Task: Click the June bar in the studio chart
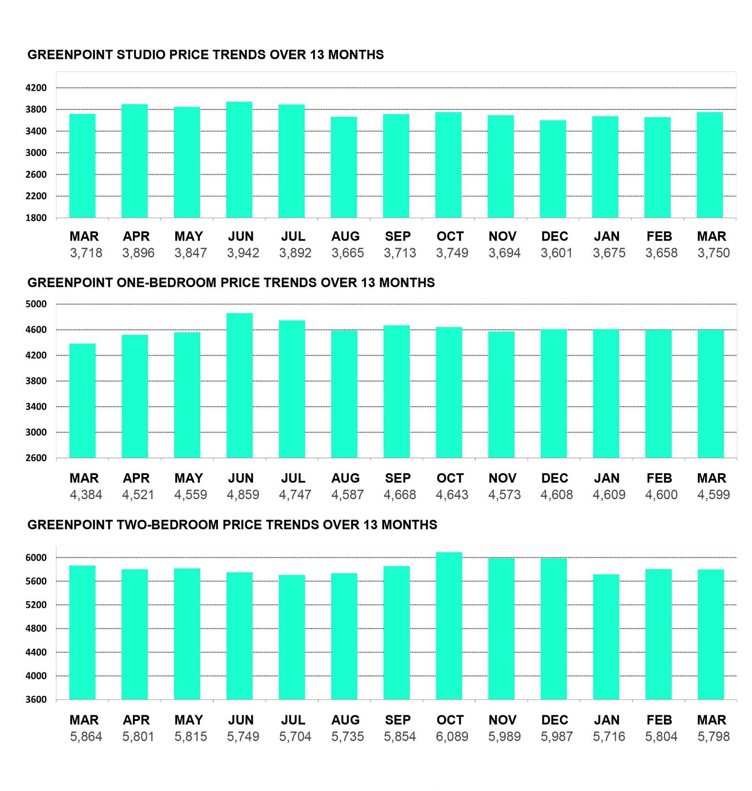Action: coord(239,160)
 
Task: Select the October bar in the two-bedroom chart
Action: coord(449,626)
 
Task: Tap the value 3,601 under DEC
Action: coord(556,253)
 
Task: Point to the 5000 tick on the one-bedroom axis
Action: coord(36,304)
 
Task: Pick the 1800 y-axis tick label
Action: coord(36,218)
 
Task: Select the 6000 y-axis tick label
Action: coord(36,558)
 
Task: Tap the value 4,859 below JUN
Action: coord(243,494)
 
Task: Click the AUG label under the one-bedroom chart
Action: coord(345,478)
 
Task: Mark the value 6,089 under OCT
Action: coord(452,736)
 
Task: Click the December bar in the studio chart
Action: coord(553,169)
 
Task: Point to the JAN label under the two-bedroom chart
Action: coord(607,720)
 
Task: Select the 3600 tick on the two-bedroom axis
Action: coord(36,699)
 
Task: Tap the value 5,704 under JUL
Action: coord(295,736)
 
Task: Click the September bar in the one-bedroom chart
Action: coord(397,392)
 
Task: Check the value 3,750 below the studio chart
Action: coord(713,253)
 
